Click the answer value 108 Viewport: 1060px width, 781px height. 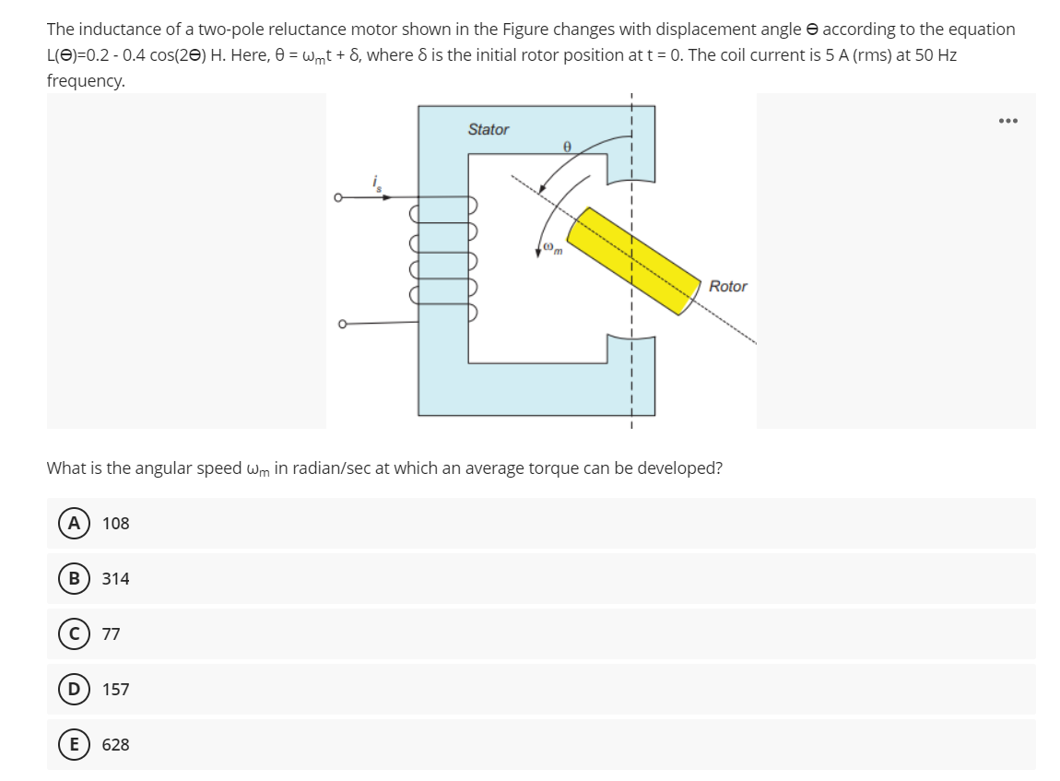[116, 524]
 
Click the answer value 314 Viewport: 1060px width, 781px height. [116, 579]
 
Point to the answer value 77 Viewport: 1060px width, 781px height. [112, 634]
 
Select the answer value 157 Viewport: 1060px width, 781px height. [116, 690]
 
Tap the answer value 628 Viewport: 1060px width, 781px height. [116, 745]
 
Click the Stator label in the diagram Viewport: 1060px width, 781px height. [488, 130]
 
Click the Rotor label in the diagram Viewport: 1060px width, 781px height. [728, 287]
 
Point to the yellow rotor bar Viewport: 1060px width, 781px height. [636, 262]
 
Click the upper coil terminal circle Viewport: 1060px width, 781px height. [339, 197]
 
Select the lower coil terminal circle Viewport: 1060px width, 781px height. [339, 323]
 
